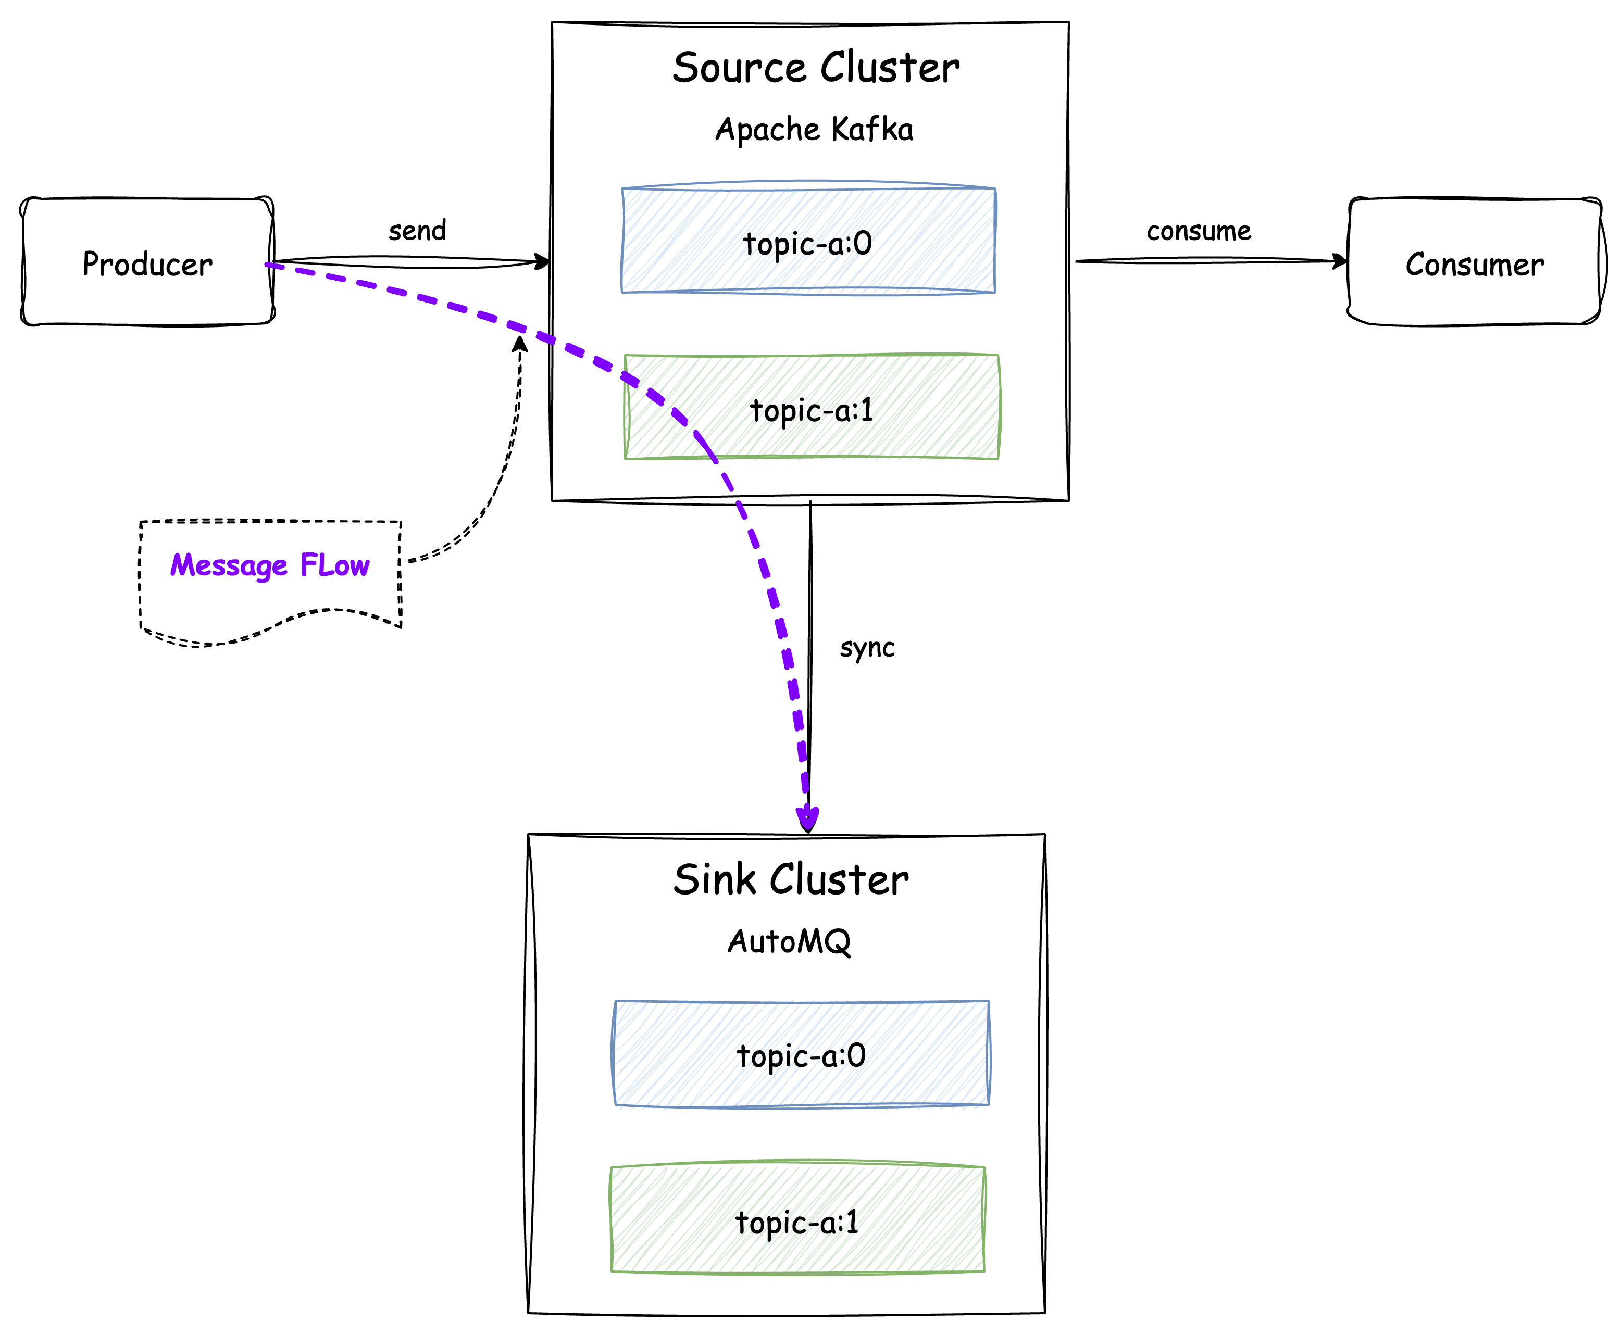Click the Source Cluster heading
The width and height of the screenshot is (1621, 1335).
[816, 68]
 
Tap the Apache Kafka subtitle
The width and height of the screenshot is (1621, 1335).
[814, 129]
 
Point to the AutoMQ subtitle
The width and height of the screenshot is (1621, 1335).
[789, 941]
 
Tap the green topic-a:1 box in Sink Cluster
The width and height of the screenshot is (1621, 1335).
[797, 1220]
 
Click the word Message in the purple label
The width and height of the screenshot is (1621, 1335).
[229, 566]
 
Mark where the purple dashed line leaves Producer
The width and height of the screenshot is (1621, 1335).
[269, 265]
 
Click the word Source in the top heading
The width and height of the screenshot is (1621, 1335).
[739, 68]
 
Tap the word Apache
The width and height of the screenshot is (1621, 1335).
[767, 129]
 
